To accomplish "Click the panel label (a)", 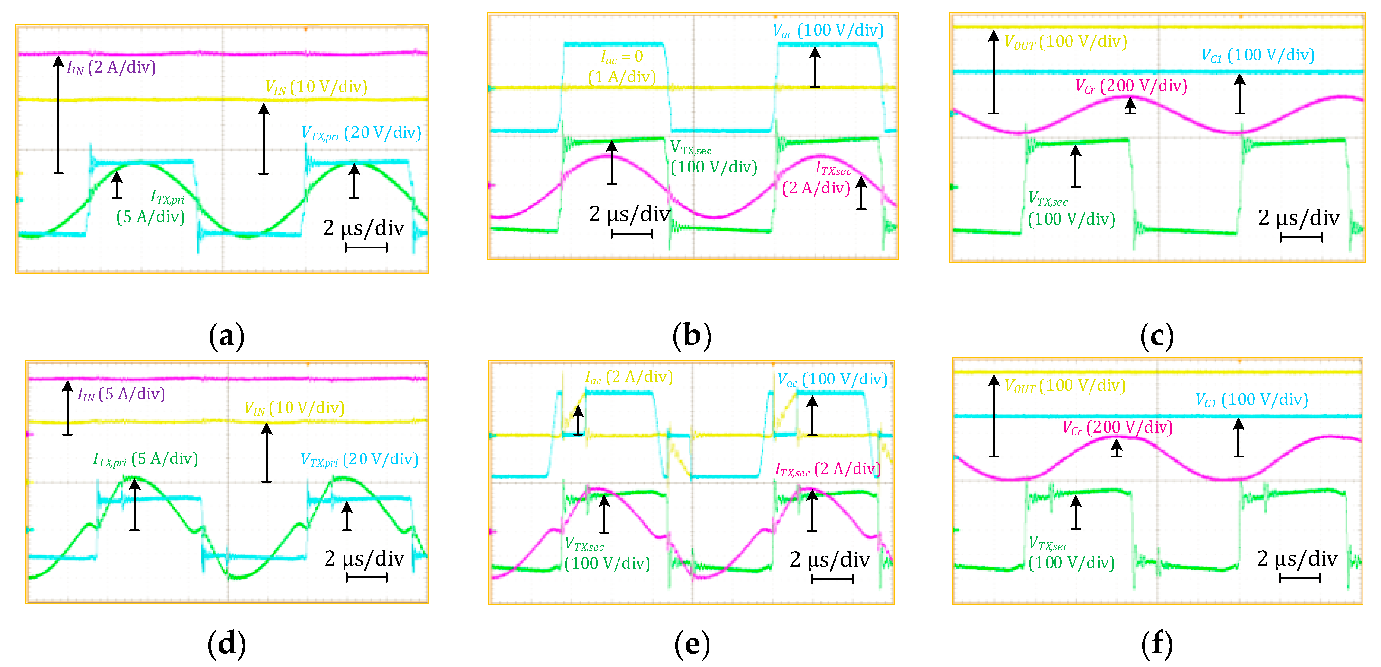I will (226, 337).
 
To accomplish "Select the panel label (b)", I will (691, 337).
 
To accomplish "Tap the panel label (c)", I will (1157, 337).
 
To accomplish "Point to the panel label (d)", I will (226, 643).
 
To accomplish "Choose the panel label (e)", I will (691, 643).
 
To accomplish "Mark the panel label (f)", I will (1157, 643).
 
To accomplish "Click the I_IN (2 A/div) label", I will (111, 68).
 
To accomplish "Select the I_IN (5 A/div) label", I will (121, 395).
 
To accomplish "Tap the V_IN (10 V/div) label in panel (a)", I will (316, 87).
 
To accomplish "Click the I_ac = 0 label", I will (622, 57).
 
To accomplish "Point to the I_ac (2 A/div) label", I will (629, 377).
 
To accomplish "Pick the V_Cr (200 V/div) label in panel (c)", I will (1131, 86).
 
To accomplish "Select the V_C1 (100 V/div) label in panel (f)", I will (1252, 400).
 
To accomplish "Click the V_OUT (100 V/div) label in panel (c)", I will (1065, 42).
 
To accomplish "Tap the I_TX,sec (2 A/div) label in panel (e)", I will (828, 470).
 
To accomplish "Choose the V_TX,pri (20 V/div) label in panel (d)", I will (359, 459).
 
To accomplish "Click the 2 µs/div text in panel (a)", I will (363, 228).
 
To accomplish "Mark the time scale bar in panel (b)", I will (632, 233).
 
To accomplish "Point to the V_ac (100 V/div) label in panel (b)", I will (828, 31).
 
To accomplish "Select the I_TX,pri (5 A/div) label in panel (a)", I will (151, 207).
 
